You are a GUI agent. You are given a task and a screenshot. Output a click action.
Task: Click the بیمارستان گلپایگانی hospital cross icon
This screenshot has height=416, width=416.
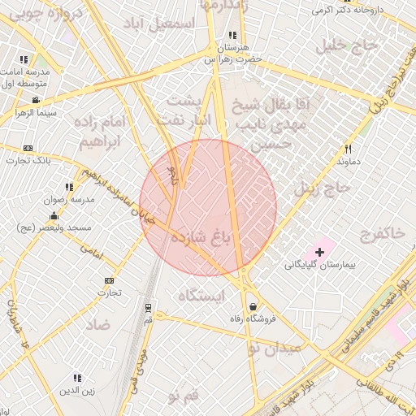[x=319, y=253]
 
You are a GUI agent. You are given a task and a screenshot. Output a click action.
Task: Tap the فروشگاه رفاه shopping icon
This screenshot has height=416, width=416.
[x=255, y=306]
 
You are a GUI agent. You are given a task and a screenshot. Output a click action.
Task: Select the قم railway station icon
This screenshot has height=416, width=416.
[x=148, y=308]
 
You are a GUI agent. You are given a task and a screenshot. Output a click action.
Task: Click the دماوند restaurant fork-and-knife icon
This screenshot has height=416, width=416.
[x=349, y=149]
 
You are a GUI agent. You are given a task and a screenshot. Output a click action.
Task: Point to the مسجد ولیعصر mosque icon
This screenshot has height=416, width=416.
[x=54, y=215]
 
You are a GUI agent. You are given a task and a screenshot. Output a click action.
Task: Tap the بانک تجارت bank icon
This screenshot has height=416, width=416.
[x=28, y=148]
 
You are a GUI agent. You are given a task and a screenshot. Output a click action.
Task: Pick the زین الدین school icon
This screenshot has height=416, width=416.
[x=77, y=378]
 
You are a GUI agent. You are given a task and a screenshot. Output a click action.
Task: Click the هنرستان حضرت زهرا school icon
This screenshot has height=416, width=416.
[x=233, y=35]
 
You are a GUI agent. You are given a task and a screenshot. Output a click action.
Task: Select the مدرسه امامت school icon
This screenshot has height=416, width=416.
[x=24, y=59]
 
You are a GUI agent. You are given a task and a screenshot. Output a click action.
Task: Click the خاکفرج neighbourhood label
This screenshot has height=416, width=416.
[x=379, y=233]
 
